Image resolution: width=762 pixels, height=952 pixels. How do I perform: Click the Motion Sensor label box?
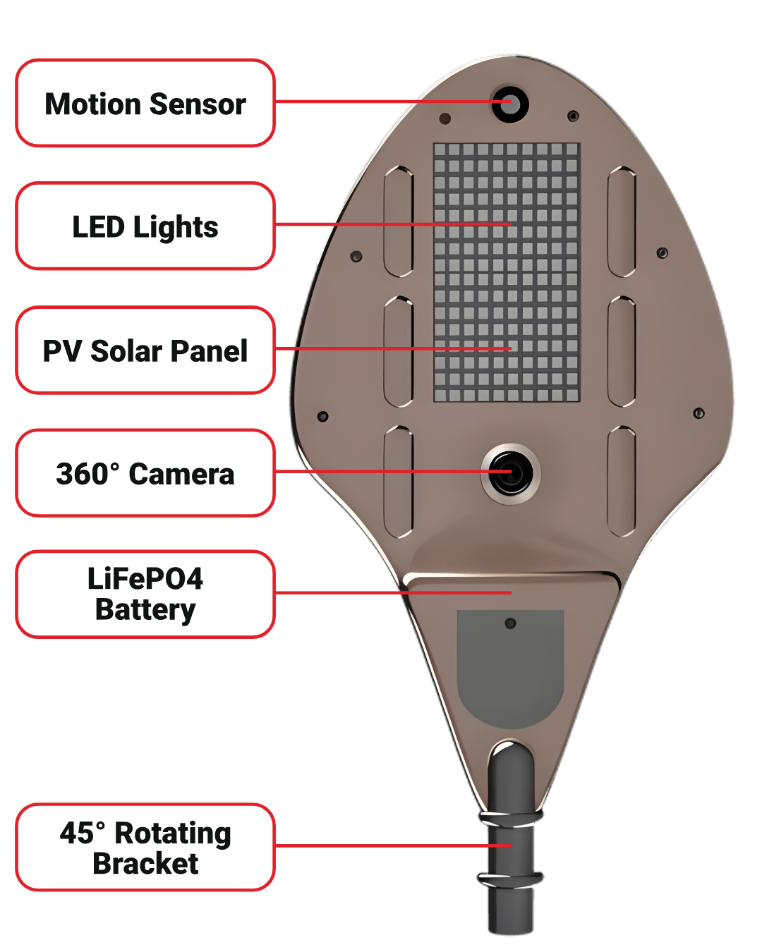point(145,103)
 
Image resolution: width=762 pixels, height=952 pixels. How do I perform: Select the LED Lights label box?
point(145,226)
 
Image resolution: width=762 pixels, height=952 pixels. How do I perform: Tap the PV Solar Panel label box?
point(145,350)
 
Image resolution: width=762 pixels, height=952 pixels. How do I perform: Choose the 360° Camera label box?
point(145,473)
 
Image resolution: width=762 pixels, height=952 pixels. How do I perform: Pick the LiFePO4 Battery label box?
point(145,594)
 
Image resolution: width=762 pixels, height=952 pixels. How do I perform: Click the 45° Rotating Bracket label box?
point(145,847)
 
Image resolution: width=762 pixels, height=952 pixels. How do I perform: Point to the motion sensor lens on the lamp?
point(510,103)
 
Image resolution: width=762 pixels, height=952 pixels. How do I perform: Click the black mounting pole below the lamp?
point(510,910)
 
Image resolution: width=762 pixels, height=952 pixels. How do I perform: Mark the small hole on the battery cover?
point(510,623)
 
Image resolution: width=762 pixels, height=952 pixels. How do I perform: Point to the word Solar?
point(127,351)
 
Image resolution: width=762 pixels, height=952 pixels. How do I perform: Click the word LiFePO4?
point(145,579)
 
